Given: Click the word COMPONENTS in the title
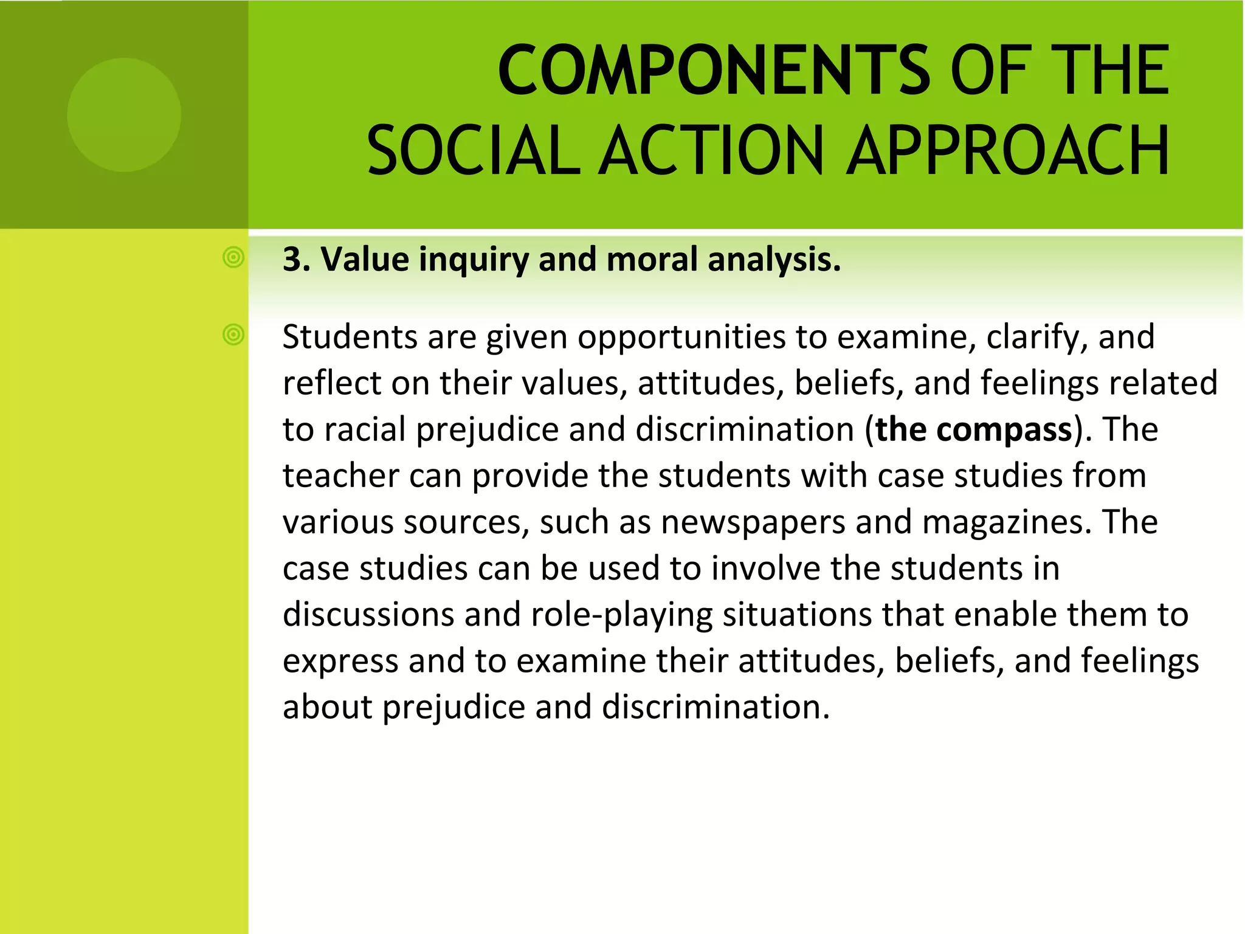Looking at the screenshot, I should coord(714,71).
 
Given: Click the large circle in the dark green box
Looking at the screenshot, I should coord(124,115).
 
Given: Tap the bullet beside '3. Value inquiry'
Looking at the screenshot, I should coord(233,258).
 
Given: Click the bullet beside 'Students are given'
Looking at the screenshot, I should coord(233,334).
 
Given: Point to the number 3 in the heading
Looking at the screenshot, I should coord(293,260).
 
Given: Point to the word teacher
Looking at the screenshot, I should coord(340,476).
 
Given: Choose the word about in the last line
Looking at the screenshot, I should coord(327,708).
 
